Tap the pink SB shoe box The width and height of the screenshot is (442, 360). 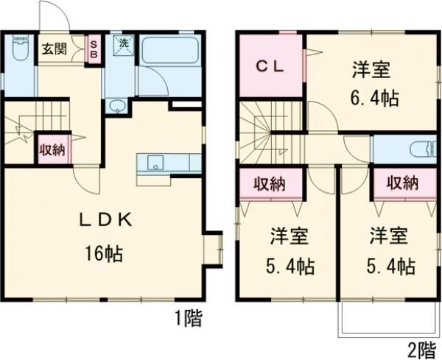94,50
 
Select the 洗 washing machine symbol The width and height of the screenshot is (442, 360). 122,44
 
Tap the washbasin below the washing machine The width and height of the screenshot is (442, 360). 116,108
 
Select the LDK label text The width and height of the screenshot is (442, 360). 106,219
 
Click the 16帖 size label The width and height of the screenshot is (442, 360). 103,255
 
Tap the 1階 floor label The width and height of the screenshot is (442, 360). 189,319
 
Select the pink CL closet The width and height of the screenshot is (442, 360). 271,65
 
